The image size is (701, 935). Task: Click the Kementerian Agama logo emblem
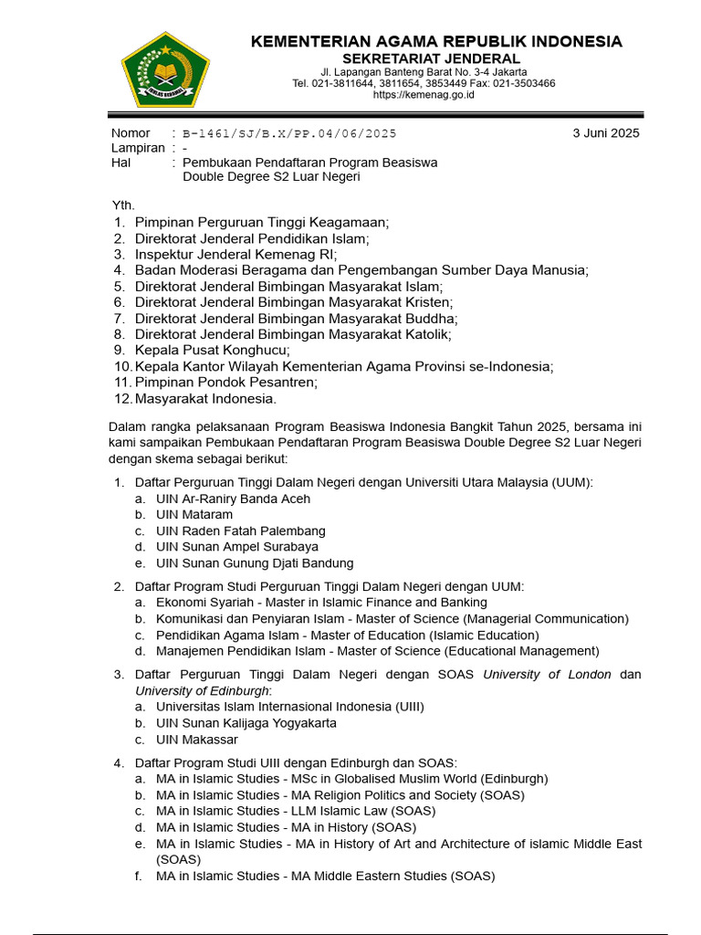(x=165, y=68)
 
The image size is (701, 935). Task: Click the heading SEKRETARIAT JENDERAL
(x=436, y=58)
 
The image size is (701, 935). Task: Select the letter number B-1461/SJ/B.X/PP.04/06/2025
(x=290, y=133)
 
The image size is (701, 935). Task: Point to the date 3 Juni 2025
(x=606, y=132)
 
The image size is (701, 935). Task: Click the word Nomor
(x=131, y=133)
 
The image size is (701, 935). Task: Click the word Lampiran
(x=138, y=148)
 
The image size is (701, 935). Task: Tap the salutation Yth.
(x=122, y=205)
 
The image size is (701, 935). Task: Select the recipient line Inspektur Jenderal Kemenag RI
(x=235, y=254)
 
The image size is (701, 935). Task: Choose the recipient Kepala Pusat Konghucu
(x=213, y=350)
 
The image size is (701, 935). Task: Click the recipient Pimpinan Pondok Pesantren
(x=225, y=383)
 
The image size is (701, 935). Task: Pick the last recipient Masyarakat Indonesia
(x=205, y=399)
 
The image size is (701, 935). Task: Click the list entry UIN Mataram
(x=194, y=515)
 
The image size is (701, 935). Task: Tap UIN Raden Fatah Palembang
(x=241, y=531)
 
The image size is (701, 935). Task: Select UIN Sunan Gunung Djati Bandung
(x=255, y=563)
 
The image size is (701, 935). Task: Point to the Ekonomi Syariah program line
(x=321, y=603)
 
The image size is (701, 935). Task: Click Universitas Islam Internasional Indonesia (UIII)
(x=290, y=707)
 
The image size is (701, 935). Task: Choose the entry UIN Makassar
(x=197, y=740)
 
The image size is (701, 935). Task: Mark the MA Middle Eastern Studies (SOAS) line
(x=325, y=877)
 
